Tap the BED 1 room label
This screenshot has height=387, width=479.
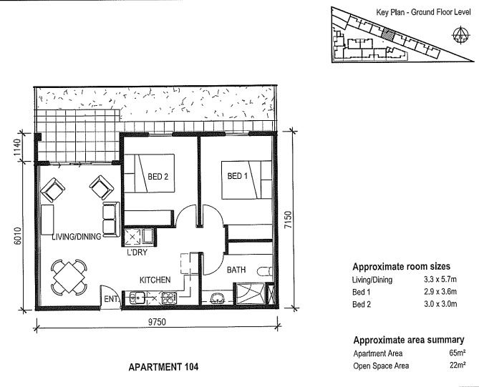(238, 176)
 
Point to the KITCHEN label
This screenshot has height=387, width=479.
(155, 280)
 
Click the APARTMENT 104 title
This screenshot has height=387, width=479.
(158, 367)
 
